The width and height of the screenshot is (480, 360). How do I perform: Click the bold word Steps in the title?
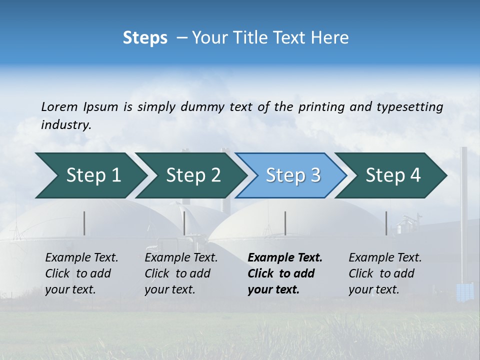pos(145,38)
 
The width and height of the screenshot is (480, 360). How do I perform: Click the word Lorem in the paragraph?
pos(59,106)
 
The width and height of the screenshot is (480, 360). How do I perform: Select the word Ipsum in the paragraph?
pos(100,106)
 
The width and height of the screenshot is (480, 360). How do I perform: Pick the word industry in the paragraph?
pos(66,124)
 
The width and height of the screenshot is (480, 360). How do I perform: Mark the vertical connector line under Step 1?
pos(84,223)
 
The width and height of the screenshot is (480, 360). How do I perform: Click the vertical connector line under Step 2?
pos(184,223)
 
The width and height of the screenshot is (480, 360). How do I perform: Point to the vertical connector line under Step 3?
pos(285,223)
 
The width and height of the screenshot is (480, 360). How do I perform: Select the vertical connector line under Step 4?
pos(386,223)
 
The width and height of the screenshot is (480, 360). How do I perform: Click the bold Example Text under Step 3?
pos(285,258)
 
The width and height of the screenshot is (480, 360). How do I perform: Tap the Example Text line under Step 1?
pos(81,258)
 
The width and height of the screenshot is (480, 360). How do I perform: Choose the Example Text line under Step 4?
pos(385,258)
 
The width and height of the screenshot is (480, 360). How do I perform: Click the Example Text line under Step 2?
pos(181,258)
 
